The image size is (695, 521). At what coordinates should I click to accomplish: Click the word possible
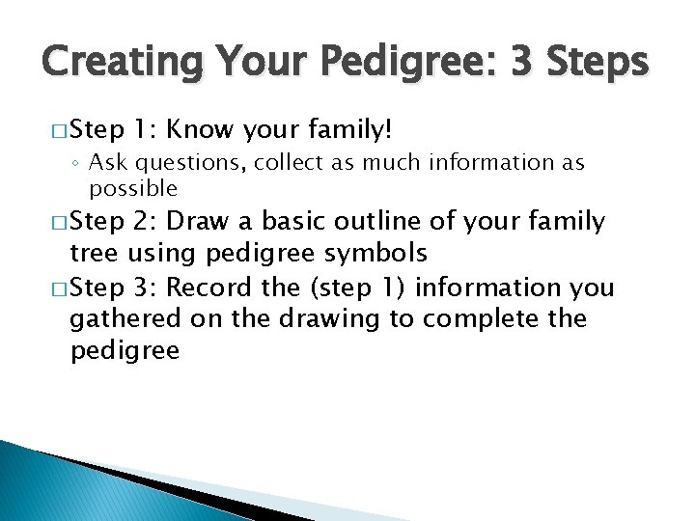(133, 188)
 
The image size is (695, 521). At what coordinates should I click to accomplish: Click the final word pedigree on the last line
(125, 350)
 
